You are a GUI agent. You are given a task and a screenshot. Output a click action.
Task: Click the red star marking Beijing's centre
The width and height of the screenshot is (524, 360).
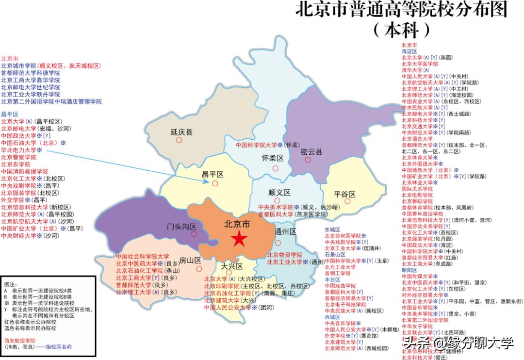238,239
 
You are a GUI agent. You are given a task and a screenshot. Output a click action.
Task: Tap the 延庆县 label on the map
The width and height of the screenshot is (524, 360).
181,132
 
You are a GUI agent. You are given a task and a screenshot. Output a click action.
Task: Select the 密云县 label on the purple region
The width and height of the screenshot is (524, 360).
311,152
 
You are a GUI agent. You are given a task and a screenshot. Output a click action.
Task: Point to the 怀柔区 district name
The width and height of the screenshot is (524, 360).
272,159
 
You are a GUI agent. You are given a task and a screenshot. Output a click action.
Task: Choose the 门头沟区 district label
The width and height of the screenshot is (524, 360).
181,227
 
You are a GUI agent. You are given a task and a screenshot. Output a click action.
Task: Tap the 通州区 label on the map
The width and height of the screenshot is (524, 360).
285,231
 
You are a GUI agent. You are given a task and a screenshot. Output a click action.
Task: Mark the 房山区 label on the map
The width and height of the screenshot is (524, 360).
190,260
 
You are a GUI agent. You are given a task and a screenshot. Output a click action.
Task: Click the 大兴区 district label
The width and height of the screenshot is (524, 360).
231,266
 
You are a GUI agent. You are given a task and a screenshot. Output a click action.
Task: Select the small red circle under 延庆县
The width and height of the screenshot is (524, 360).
179,140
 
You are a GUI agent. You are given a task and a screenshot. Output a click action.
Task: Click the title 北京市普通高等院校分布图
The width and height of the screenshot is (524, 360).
401,10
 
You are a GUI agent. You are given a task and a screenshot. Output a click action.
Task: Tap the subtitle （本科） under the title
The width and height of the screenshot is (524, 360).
401,30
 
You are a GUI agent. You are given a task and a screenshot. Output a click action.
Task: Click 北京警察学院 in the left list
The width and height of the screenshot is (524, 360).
18,157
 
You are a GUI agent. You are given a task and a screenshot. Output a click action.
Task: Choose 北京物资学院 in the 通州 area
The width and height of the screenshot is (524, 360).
284,255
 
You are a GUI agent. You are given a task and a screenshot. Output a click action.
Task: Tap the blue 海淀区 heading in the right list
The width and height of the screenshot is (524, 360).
409,51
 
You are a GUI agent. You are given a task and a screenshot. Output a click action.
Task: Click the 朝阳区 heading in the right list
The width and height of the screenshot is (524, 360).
409,270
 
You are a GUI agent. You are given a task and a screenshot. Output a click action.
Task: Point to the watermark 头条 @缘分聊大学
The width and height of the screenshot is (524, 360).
458,343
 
